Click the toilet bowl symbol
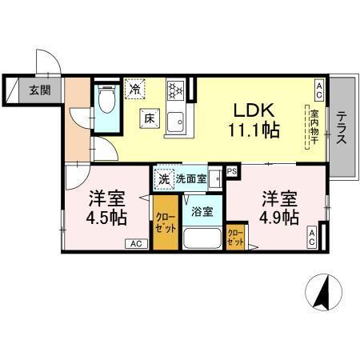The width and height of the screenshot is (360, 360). pos(106,103)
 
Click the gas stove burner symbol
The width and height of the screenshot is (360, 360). pos(175,92)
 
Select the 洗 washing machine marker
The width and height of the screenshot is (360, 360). pos(163,179)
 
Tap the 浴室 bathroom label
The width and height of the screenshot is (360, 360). pos(202,212)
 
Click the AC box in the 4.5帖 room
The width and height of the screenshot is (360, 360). pos(135,244)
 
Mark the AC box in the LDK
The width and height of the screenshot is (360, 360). pos(319,86)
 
